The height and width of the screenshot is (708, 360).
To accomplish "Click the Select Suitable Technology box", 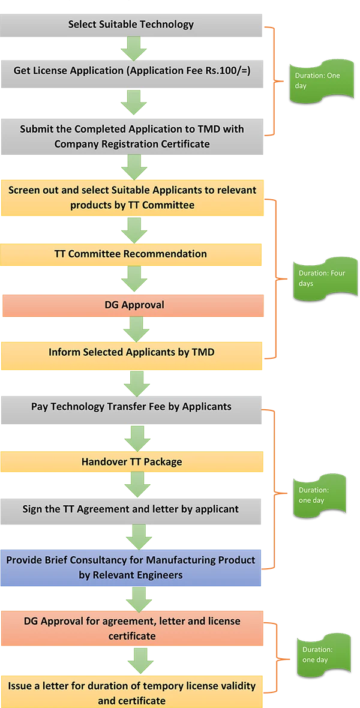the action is [131, 25].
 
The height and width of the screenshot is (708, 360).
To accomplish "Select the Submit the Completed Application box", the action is [131, 136].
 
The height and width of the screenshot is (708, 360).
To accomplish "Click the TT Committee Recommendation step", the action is [131, 254].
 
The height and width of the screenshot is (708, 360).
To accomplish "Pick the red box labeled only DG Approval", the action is [133, 305].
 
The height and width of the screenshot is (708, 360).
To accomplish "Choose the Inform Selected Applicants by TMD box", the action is [131, 353].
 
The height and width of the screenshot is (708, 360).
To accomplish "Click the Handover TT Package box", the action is [131, 461].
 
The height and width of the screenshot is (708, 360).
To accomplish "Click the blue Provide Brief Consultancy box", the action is [131, 568].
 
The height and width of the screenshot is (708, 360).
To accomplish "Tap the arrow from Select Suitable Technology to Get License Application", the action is [134, 49].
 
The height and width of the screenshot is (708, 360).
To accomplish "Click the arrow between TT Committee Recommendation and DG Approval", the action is [134, 278].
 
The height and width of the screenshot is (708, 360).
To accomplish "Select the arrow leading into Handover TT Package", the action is [134, 438].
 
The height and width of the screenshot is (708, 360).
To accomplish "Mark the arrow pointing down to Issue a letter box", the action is [140, 659].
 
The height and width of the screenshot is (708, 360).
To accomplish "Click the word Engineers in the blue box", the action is [166, 575].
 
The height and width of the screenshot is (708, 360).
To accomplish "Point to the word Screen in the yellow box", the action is [24, 190].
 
